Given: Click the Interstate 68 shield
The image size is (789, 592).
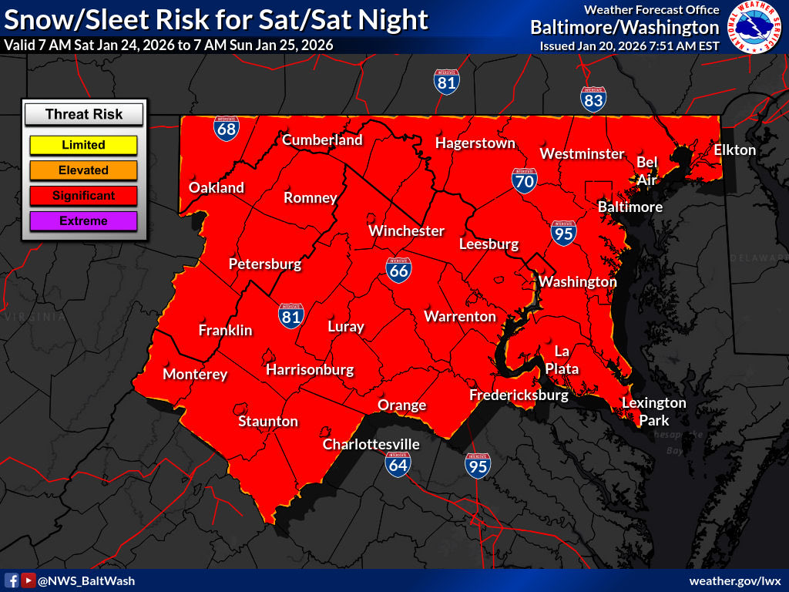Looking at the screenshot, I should coord(226,129).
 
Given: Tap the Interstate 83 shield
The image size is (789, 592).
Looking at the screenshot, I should coord(593,99).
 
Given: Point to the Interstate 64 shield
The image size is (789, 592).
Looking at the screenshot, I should coord(398,462).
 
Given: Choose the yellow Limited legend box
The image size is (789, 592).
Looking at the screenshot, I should coord(83,145).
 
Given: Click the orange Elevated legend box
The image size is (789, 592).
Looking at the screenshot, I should coord(83,170).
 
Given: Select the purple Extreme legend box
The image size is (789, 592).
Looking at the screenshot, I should coord(83,221).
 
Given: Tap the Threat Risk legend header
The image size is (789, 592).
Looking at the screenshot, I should coord(83,115).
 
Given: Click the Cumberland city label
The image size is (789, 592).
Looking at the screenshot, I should coord(322,140).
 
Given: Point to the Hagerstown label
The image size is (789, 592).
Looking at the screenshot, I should coord(475,143).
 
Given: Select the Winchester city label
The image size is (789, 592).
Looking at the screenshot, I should coord(406,230).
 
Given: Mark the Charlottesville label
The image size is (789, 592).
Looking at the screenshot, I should coord(371,445).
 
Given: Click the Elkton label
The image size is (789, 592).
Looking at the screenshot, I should coord(734,150).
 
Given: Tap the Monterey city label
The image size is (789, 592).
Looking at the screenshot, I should coord(195,375).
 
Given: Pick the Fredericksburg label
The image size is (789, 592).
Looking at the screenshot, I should coord(519,395).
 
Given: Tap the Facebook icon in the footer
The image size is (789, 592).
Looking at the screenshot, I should coord(12,580).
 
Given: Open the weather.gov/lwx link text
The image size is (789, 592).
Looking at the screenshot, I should coord(735,580).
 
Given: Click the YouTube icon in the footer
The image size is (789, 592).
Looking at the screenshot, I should coord(29,580).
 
